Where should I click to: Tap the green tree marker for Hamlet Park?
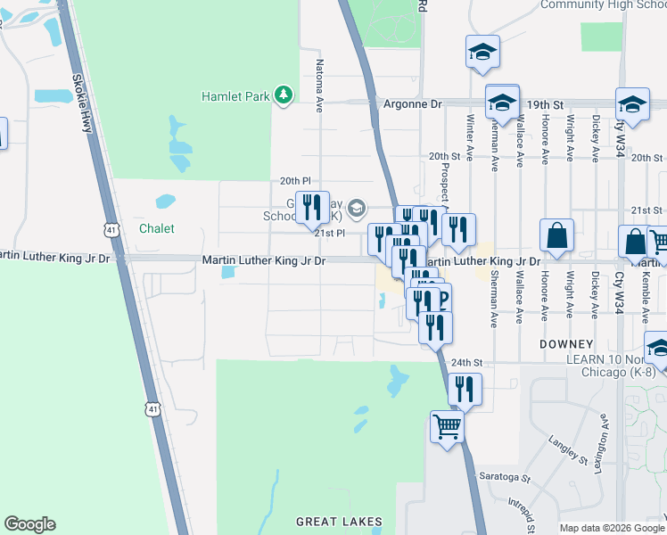(x=284, y=95)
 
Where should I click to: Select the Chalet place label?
(x=156, y=228)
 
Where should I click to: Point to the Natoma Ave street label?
(x=318, y=86)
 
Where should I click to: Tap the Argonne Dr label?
(x=412, y=104)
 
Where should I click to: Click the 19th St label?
(x=545, y=104)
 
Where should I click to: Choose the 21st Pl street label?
(x=329, y=233)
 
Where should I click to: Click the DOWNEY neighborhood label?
(x=565, y=344)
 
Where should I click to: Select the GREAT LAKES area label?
(x=339, y=522)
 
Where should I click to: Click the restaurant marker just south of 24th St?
(x=465, y=389)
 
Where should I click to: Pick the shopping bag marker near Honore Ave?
(x=556, y=235)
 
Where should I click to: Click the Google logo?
(x=29, y=524)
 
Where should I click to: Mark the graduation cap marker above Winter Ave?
(x=482, y=52)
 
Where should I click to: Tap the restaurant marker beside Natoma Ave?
(x=312, y=207)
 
